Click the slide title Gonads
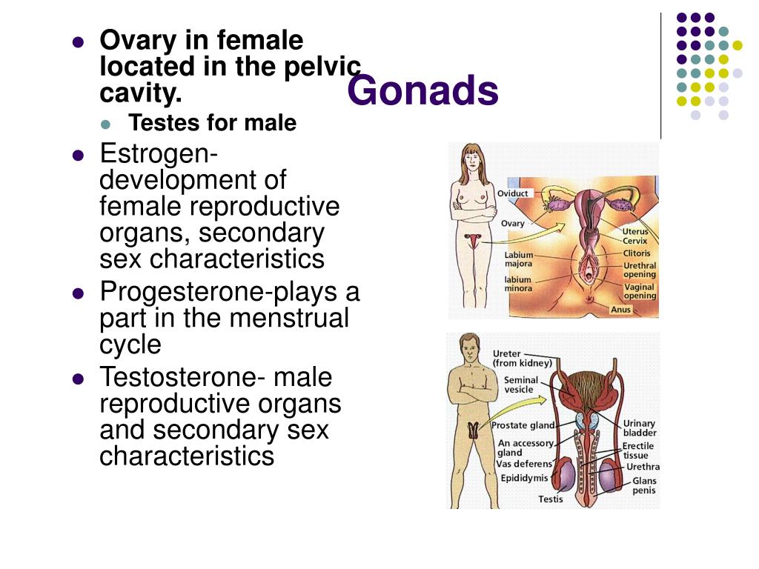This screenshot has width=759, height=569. pyautogui.click(x=422, y=90)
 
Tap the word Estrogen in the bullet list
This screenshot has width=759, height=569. pyautogui.click(x=159, y=155)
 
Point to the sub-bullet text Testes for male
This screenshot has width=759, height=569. pyautogui.click(x=212, y=123)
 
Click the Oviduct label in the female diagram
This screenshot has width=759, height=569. pyautogui.click(x=513, y=193)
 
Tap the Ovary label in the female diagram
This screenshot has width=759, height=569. pyautogui.click(x=513, y=224)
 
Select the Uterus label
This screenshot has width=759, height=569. pyautogui.click(x=635, y=231)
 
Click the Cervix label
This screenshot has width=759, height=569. pyautogui.click(x=634, y=241)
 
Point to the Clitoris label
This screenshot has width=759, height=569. pyautogui.click(x=637, y=253)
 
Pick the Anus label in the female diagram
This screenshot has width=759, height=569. pyautogui.click(x=620, y=310)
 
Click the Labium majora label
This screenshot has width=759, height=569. pyautogui.click(x=518, y=259)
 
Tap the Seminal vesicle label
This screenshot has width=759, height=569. pyautogui.click(x=521, y=385)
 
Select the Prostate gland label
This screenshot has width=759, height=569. pyautogui.click(x=523, y=425)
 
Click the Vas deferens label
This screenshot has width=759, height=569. pyautogui.click(x=524, y=464)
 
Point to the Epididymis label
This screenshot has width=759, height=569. pyautogui.click(x=524, y=478)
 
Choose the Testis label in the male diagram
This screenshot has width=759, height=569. pyautogui.click(x=551, y=499)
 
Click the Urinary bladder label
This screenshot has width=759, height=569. pyautogui.click(x=640, y=428)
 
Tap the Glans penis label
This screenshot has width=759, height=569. pyautogui.click(x=644, y=485)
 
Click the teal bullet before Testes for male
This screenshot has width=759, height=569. pyautogui.click(x=105, y=124)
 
